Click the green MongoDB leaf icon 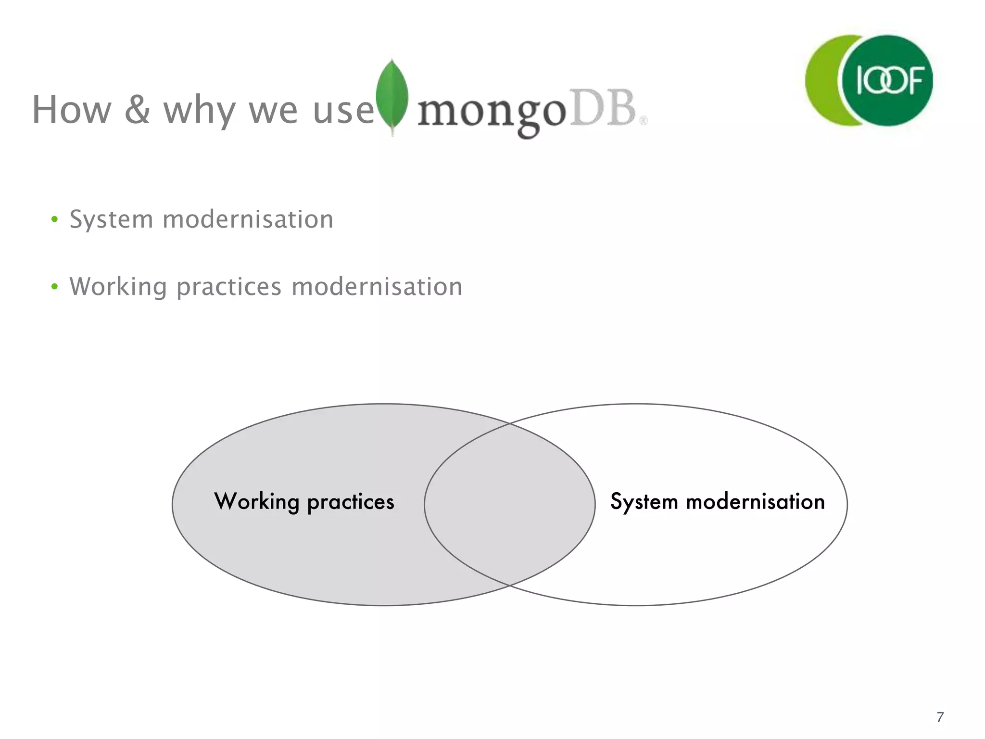point(392,96)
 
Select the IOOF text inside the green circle point(890,80)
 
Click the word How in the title point(72,110)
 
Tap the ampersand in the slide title point(138,109)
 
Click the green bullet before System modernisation point(54,220)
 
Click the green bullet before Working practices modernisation point(54,287)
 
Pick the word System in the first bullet point(111,220)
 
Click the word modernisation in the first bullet point(248,219)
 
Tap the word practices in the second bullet point(228,288)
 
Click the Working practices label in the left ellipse point(304,502)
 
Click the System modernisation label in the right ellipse point(717,502)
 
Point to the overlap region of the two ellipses point(509,504)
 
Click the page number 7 point(940,717)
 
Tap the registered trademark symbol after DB point(643,121)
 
